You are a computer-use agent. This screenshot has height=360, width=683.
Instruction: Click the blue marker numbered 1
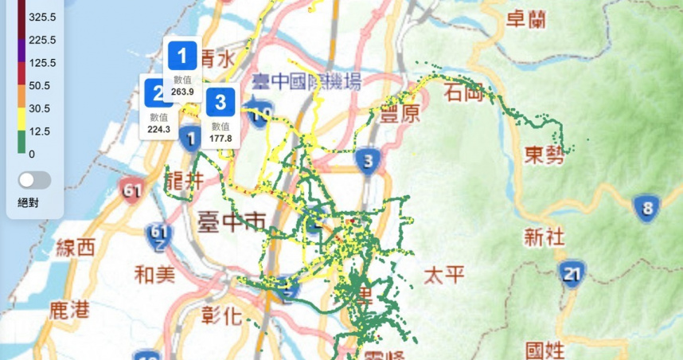[x=182, y=56]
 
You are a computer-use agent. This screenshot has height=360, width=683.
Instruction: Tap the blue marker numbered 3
[x=221, y=102]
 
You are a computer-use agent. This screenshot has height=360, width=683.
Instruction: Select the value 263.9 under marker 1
[x=182, y=92]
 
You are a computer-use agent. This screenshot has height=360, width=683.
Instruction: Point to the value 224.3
[x=158, y=129]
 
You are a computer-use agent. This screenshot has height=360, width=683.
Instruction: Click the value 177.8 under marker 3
[x=221, y=138]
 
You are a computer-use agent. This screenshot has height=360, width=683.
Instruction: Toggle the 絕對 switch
[x=35, y=180]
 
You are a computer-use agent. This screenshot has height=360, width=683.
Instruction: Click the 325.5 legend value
[x=41, y=17]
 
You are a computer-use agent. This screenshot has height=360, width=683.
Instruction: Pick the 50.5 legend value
[x=37, y=85]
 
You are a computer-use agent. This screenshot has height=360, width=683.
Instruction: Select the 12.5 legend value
[x=37, y=131]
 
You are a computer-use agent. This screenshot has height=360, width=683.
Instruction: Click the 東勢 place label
[x=544, y=155]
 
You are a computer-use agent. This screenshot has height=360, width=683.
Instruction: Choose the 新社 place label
[x=544, y=237]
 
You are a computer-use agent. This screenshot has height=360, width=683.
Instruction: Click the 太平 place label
[x=443, y=276]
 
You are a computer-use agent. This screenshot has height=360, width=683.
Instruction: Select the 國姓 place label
[x=546, y=350]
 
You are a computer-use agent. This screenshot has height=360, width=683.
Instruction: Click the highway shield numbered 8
[x=646, y=209]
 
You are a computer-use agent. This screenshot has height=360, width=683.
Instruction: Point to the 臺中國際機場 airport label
[x=306, y=81]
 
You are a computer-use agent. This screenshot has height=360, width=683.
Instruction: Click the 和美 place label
[x=154, y=276]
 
